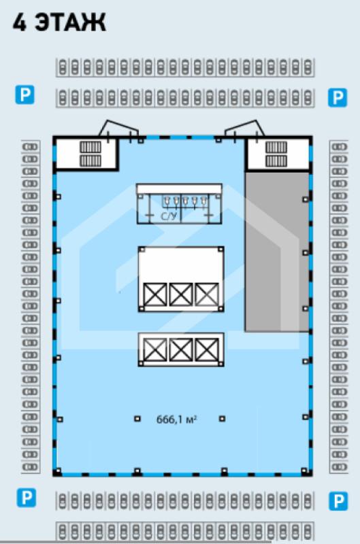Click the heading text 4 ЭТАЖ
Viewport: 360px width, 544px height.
[59, 23]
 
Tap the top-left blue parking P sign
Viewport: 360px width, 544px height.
[24, 95]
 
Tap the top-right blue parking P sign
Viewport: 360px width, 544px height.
[338, 97]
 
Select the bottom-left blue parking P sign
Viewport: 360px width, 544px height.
[27, 498]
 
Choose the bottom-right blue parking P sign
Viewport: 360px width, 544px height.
[338, 501]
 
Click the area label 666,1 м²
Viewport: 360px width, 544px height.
[177, 420]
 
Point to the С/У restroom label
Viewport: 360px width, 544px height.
[169, 216]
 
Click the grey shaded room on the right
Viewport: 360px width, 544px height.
[277, 252]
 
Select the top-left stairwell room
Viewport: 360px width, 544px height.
[86, 154]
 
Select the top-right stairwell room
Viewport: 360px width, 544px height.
[277, 154]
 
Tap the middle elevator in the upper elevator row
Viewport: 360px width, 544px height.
[181, 294]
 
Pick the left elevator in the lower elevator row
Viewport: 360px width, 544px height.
[155, 350]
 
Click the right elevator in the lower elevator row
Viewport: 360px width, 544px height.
[207, 350]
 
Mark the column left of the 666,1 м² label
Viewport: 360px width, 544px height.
[137, 419]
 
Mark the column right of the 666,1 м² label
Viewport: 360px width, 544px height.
[222, 419]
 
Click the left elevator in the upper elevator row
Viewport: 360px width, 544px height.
[155, 294]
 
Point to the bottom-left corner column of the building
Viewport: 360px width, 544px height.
[58, 471]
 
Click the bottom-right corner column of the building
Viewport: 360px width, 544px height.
[304, 471]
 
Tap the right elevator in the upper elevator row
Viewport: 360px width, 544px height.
[207, 294]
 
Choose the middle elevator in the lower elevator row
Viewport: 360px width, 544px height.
[181, 350]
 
